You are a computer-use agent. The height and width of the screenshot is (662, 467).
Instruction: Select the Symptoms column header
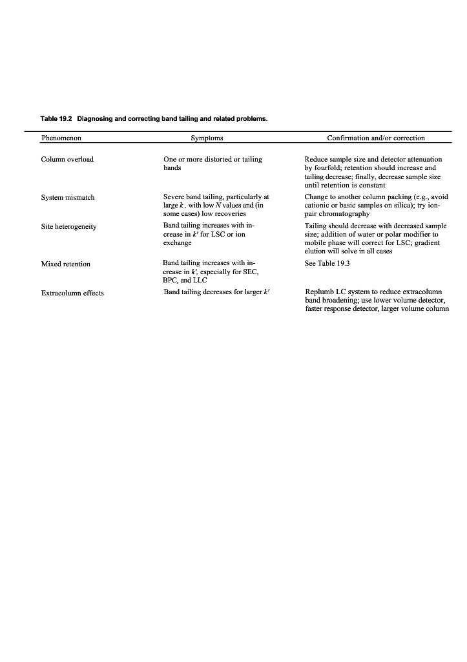point(207,138)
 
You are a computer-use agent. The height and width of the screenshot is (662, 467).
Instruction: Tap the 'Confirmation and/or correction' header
point(376,138)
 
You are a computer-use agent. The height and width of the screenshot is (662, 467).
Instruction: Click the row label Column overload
point(67,160)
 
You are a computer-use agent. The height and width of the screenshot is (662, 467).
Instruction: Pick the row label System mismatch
point(68,197)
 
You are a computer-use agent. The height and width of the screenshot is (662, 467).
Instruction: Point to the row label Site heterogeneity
point(68,227)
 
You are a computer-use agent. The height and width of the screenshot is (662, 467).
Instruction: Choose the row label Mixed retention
point(66,264)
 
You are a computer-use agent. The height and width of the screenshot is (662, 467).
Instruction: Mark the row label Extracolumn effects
point(72,293)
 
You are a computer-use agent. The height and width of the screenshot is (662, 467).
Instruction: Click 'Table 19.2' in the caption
point(56,119)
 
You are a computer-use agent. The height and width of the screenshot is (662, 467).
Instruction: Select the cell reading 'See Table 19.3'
point(327,264)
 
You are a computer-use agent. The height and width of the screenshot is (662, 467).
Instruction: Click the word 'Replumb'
point(319,293)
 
